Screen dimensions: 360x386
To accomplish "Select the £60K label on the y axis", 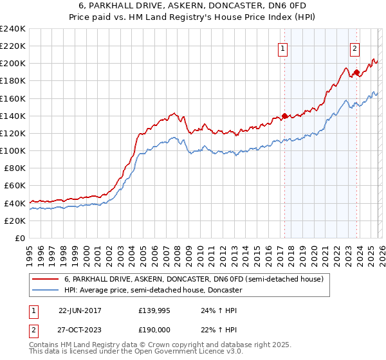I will click(x=14, y=185).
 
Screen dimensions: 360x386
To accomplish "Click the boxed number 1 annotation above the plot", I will click(x=283, y=47).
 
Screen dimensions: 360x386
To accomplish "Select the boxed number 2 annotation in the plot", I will click(x=355, y=47).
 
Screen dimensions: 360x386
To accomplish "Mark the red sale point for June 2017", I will click(x=284, y=116).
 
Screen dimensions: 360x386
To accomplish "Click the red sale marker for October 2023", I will click(x=356, y=73).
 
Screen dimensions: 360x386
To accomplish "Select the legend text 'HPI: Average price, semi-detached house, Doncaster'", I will click(x=152, y=291).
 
